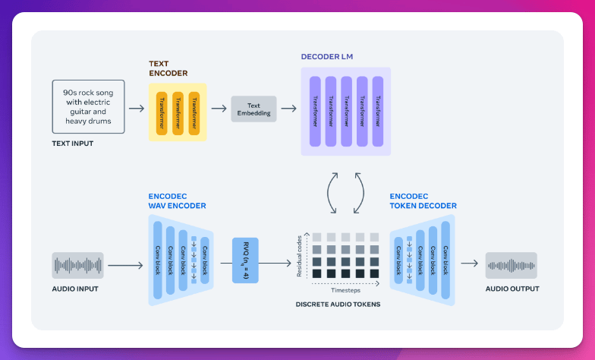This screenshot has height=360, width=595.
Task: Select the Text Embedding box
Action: (253, 109)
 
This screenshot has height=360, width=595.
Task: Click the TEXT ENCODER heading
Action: (168, 68)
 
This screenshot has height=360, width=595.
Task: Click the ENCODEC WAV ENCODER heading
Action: (176, 201)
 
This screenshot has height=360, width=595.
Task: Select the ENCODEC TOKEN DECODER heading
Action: (425, 201)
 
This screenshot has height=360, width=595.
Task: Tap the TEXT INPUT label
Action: (73, 143)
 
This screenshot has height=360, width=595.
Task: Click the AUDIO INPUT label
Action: (75, 289)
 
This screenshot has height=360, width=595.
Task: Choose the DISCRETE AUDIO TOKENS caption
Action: (338, 304)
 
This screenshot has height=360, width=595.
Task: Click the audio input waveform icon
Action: (78, 265)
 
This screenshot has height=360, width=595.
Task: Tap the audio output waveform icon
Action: (512, 265)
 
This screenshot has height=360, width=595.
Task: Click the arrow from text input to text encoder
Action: (137, 109)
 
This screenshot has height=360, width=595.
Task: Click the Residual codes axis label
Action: (301, 254)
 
